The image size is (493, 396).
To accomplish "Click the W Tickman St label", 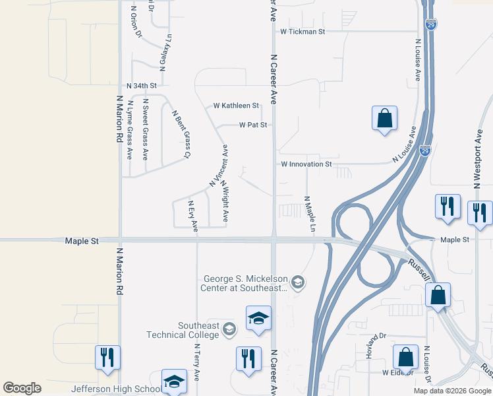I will pyautogui.click(x=303, y=31).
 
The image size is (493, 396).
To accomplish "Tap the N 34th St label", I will pyautogui.click(x=142, y=86).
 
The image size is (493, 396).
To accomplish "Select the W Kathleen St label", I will pyautogui.click(x=236, y=106).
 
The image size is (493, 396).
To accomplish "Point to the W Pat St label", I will pyautogui.click(x=253, y=124).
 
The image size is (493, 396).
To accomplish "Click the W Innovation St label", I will pyautogui.click(x=306, y=164).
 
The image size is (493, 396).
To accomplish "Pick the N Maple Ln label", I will pyautogui.click(x=306, y=214).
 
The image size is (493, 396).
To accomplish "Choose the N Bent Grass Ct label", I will pyautogui.click(x=181, y=134).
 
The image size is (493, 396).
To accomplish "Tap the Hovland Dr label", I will pyautogui.click(x=375, y=346).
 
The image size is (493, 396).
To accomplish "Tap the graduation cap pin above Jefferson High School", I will pyautogui.click(x=174, y=381).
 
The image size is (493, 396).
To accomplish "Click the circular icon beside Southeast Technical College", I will pyautogui.click(x=229, y=329).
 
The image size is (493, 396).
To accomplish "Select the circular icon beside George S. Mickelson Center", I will pyautogui.click(x=298, y=283).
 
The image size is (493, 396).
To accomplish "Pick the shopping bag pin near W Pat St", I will pyautogui.click(x=384, y=119).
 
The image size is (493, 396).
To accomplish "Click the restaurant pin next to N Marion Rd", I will pyautogui.click(x=107, y=358).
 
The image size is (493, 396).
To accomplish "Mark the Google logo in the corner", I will pyautogui.click(x=22, y=388).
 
